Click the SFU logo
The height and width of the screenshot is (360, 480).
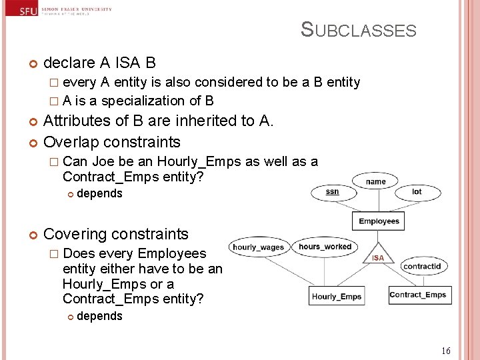[27, 11]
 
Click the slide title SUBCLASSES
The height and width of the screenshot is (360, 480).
[358, 30]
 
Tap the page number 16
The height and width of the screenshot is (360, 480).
[446, 351]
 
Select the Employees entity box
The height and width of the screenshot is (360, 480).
[379, 221]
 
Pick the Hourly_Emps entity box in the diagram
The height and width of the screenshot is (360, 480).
[337, 296]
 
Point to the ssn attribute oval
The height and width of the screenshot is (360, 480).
[332, 192]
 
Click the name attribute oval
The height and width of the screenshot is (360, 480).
[375, 181]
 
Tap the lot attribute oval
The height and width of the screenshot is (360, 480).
[417, 192]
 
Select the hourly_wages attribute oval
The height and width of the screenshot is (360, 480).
[258, 247]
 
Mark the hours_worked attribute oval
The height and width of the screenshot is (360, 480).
[325, 246]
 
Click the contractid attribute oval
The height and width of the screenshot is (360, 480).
[421, 266]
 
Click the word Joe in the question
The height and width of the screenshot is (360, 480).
[103, 161]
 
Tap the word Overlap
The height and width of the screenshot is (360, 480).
[71, 142]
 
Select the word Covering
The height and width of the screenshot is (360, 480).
[74, 234]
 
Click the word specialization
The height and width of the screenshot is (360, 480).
[143, 101]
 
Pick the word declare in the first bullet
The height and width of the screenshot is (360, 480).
[69, 63]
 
